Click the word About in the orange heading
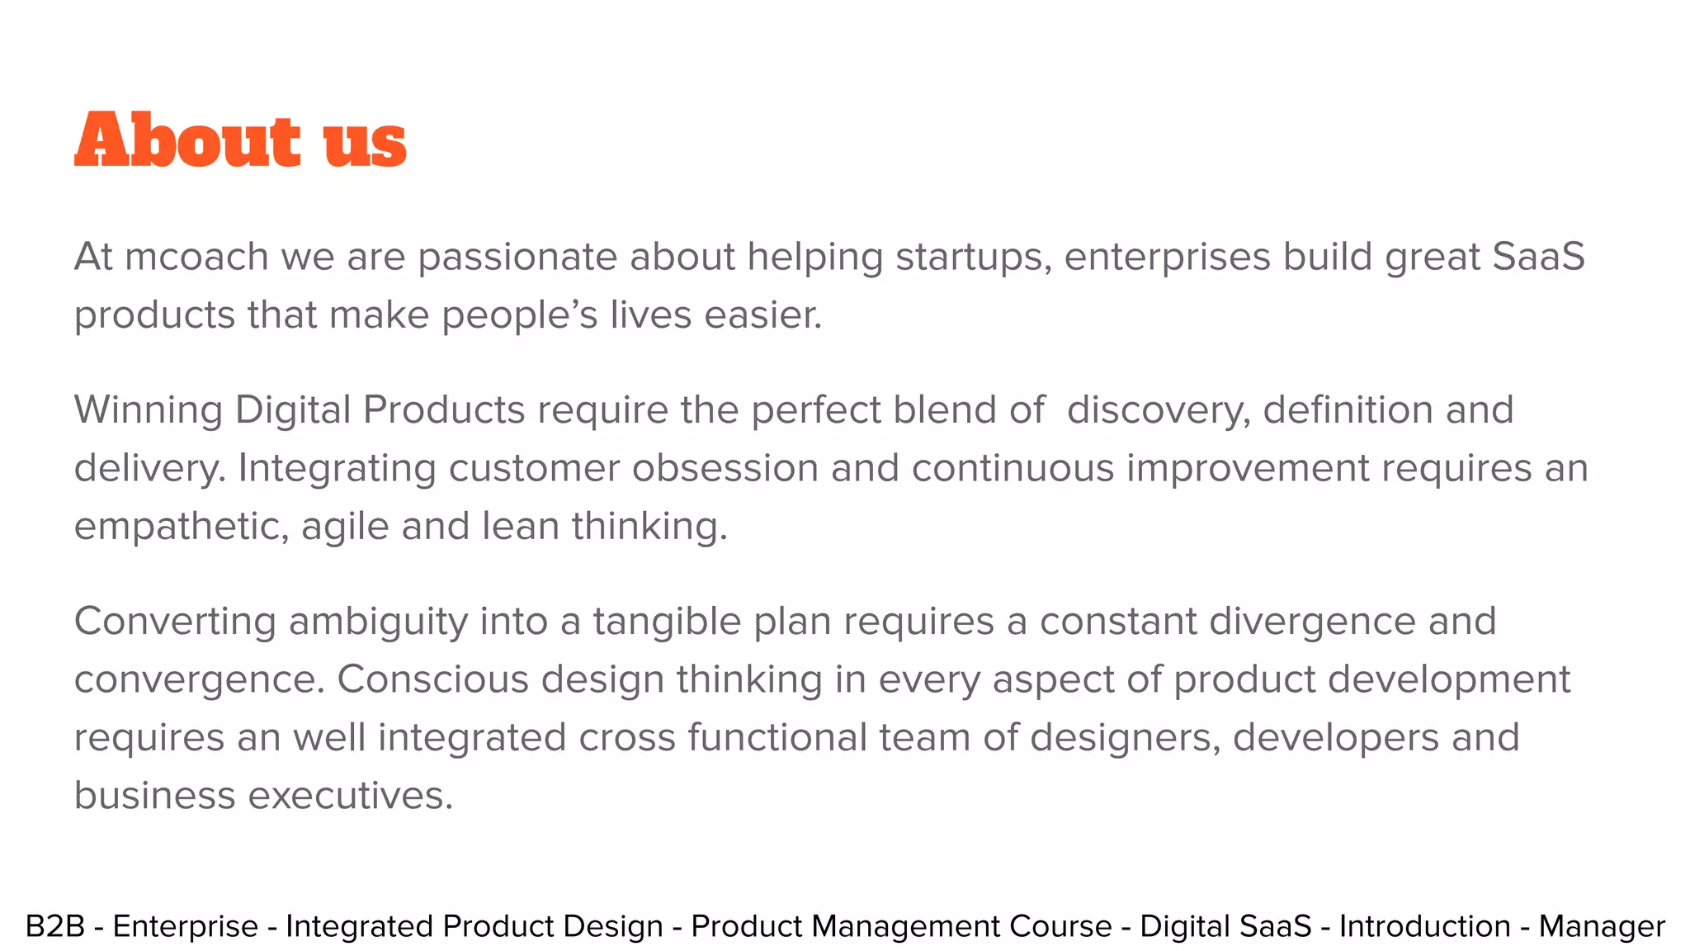[187, 140]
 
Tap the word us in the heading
[365, 142]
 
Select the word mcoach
[196, 257]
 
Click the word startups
[973, 257]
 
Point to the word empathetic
[181, 527]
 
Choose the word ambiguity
[378, 622]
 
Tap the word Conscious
[432, 679]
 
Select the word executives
[351, 796]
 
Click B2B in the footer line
[55, 926]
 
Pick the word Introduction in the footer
[1424, 926]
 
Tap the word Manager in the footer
[1602, 926]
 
